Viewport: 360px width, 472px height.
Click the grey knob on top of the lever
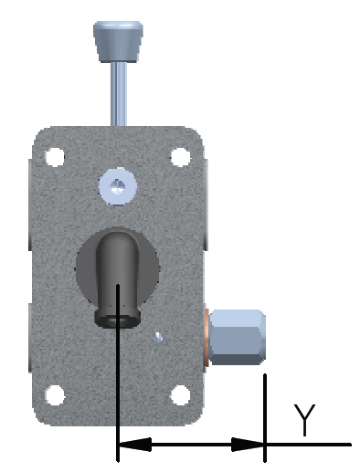(x=118, y=42)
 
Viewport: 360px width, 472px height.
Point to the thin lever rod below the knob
(x=119, y=94)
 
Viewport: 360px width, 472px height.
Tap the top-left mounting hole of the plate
(x=55, y=157)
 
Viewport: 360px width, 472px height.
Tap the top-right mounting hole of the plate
(x=181, y=157)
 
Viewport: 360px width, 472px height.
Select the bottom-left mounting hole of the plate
(x=55, y=395)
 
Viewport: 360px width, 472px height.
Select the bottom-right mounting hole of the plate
(x=181, y=395)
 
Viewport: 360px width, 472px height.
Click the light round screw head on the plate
(x=118, y=186)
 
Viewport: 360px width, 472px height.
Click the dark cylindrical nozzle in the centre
(x=118, y=279)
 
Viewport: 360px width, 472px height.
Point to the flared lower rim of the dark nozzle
(x=118, y=319)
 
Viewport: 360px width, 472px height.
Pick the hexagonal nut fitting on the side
(x=237, y=337)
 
